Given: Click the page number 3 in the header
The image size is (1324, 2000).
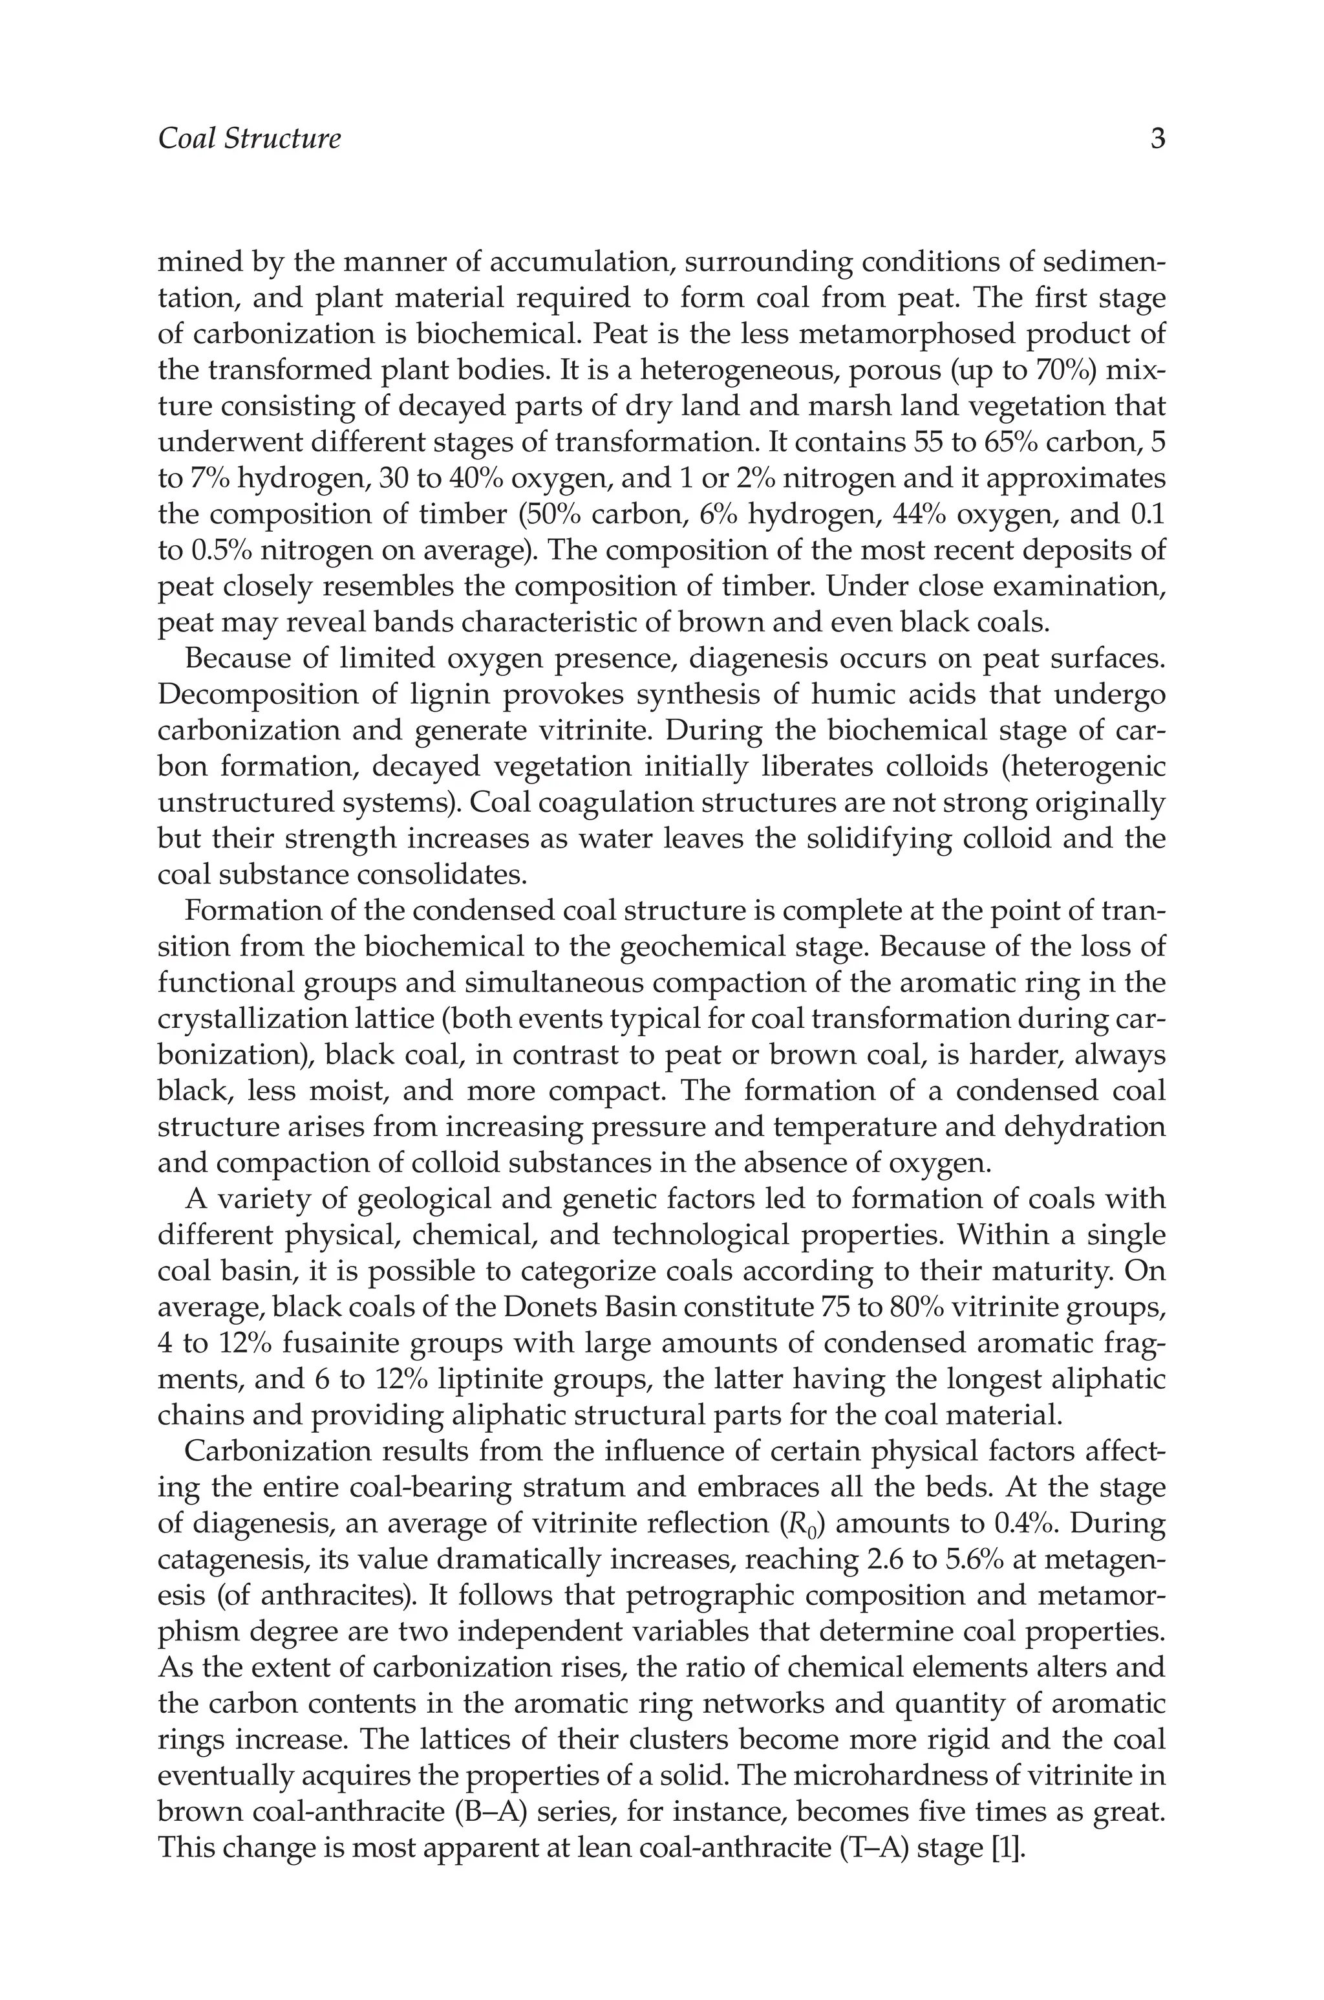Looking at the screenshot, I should click(x=1158, y=138).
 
